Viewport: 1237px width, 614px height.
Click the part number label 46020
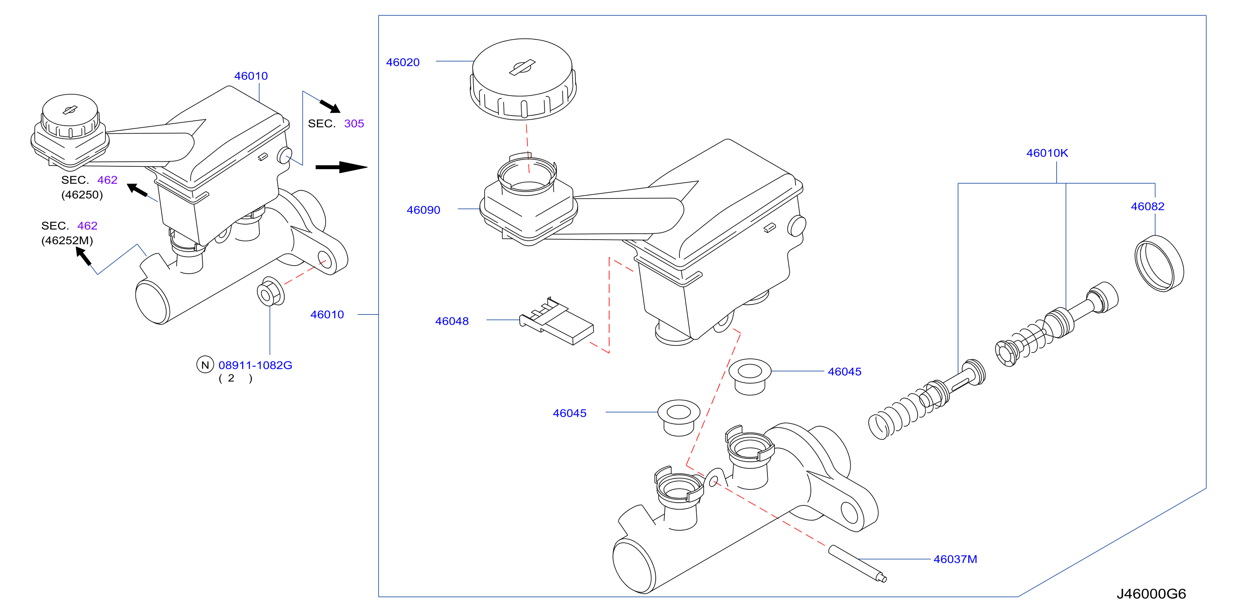tap(403, 62)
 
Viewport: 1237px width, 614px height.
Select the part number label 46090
tap(423, 210)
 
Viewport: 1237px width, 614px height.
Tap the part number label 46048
tap(451, 321)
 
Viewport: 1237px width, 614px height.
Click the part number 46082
tap(1147, 206)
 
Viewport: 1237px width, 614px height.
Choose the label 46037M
tap(955, 559)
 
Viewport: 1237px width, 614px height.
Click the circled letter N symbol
tap(205, 365)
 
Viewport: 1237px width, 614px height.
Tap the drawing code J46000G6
tap(1151, 594)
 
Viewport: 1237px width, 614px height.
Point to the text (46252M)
tap(67, 240)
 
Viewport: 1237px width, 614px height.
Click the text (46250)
tap(82, 195)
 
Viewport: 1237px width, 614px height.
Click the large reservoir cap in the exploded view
tap(523, 79)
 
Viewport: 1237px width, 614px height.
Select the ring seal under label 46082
tap(1159, 264)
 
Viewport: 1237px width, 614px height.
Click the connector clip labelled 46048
tap(556, 321)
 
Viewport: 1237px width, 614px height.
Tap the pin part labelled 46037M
tap(857, 564)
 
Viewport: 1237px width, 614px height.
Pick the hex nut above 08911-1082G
tap(270, 291)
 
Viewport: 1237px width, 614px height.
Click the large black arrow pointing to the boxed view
tap(341, 167)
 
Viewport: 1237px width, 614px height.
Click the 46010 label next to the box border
tap(327, 314)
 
